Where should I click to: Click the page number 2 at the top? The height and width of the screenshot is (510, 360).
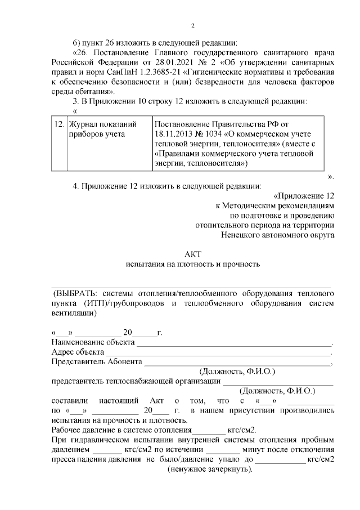coord(192,26)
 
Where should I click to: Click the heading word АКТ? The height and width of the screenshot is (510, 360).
coord(192,253)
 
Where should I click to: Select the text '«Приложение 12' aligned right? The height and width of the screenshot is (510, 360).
coord(304,195)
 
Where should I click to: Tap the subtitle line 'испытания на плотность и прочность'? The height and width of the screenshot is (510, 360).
coord(192,263)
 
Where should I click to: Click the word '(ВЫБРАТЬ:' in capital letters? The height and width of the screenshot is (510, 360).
coord(74,294)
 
